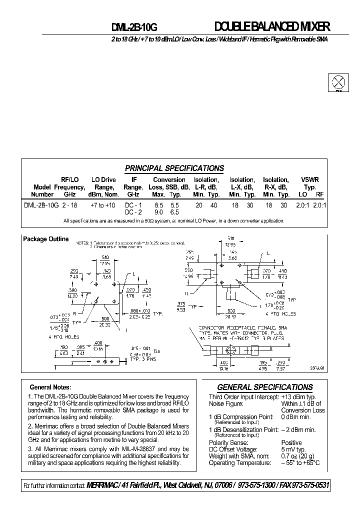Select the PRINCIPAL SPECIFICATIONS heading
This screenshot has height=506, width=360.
174,168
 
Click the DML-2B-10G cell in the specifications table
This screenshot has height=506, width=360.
41,205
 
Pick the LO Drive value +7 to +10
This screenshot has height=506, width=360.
102,205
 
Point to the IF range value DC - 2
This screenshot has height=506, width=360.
133,212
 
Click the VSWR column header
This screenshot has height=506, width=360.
310,179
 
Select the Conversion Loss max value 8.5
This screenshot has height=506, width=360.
158,205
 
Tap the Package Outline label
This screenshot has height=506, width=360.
46,239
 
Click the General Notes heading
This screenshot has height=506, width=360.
50,387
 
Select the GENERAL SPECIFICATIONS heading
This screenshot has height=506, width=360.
264,387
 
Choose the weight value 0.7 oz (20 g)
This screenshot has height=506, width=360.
298,456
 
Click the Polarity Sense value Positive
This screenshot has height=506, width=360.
291,442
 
